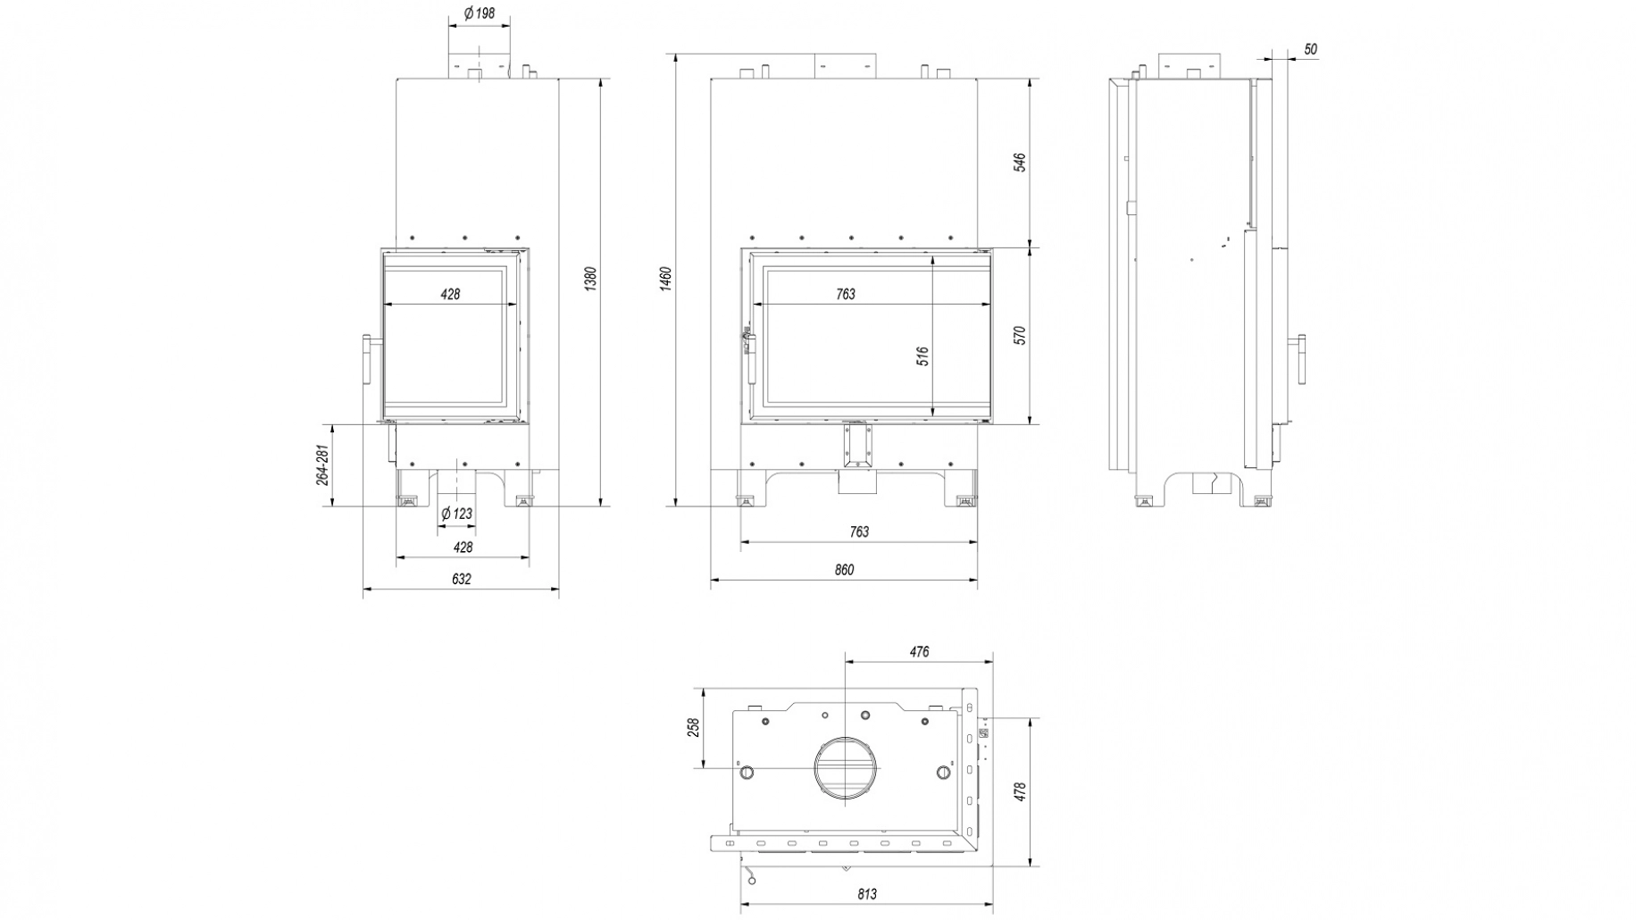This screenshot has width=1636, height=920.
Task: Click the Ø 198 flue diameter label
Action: pyautogui.click(x=479, y=13)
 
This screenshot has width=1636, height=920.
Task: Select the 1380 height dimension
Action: pyautogui.click(x=589, y=279)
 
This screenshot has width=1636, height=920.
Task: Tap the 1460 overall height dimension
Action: pyautogui.click(x=665, y=279)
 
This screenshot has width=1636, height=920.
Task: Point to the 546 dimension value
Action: pyautogui.click(x=1020, y=162)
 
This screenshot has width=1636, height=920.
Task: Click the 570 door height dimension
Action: pyautogui.click(x=1020, y=335)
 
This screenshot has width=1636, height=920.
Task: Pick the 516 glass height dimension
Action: pyautogui.click(x=923, y=355)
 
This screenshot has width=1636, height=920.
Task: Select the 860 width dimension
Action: pyautogui.click(x=843, y=570)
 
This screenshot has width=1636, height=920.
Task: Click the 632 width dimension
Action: pyautogui.click(x=461, y=579)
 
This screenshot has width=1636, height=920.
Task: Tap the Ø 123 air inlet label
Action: pyautogui.click(x=457, y=514)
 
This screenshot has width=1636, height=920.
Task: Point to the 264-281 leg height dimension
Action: pyautogui.click(x=322, y=465)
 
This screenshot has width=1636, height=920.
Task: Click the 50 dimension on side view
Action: pyautogui.click(x=1310, y=50)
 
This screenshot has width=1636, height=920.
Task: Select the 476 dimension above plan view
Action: pyautogui.click(x=919, y=652)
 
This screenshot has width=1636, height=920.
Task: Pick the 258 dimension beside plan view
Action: pyautogui.click(x=693, y=727)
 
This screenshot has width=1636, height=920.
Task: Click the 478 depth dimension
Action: pyautogui.click(x=1020, y=791)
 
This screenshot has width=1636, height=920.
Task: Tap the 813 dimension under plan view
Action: pyautogui.click(x=866, y=894)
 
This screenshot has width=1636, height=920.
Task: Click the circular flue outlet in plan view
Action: pyautogui.click(x=845, y=768)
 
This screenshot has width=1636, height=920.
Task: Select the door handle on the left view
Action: pyautogui.click(x=366, y=358)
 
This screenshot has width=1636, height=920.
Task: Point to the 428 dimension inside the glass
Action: pyautogui.click(x=450, y=294)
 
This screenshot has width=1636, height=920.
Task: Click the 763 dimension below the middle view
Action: pyautogui.click(x=858, y=532)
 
